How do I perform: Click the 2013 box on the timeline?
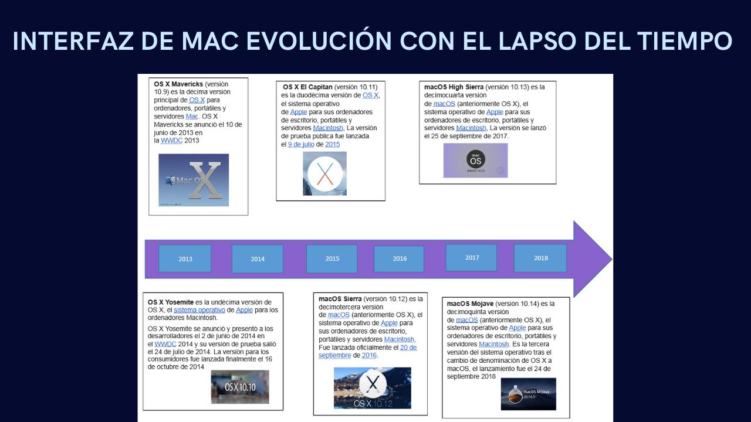click(x=185, y=258)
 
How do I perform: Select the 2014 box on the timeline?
click(x=257, y=258)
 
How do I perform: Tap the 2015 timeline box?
click(x=332, y=258)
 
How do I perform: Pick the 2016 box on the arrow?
click(x=399, y=258)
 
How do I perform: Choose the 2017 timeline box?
click(x=471, y=257)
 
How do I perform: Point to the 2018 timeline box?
click(x=540, y=258)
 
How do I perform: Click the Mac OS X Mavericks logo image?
click(x=194, y=180)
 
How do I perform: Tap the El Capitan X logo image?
click(x=324, y=173)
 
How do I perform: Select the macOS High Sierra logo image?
click(x=475, y=160)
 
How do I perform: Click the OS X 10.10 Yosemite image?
click(x=240, y=387)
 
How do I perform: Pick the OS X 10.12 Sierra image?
click(x=372, y=388)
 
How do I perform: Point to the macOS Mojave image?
click(x=528, y=394)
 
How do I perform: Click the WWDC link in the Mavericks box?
click(x=171, y=141)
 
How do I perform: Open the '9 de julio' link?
click(x=300, y=144)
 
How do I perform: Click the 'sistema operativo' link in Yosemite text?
click(x=199, y=310)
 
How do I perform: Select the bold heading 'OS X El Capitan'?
click(x=307, y=87)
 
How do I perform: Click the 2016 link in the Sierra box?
click(x=369, y=355)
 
